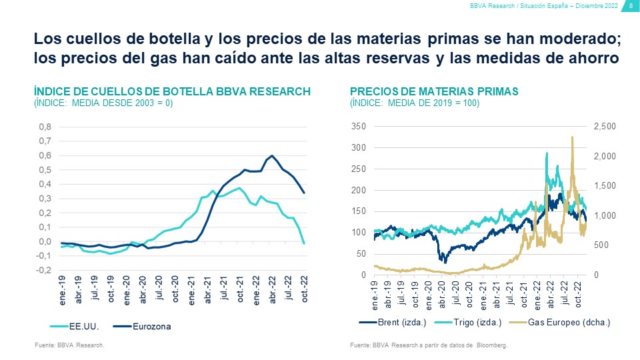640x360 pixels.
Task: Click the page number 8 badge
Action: [x=631, y=6]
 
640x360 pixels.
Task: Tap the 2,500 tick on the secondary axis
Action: [x=605, y=127]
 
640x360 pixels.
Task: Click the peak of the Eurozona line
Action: [x=271, y=156]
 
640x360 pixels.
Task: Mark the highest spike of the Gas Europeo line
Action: [x=572, y=137]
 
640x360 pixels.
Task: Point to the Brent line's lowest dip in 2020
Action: [x=441, y=261]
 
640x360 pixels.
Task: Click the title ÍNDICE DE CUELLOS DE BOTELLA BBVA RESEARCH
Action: [x=172, y=91]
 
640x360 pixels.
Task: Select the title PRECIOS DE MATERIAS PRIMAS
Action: [x=434, y=91]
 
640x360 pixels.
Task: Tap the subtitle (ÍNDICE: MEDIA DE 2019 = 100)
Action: [x=415, y=103]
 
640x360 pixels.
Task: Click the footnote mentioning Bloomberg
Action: [x=429, y=345]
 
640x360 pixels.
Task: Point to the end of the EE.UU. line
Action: [x=304, y=243]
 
